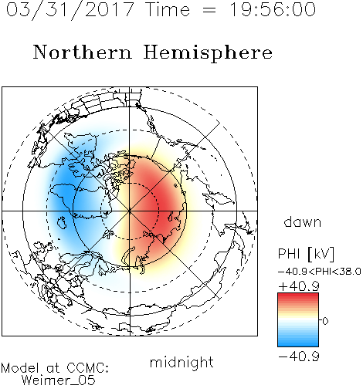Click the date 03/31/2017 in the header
70,10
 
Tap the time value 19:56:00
273,9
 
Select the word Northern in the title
83,52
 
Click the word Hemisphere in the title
208,53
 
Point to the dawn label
303,221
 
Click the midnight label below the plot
181,362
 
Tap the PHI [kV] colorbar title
307,254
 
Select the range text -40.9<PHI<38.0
320,271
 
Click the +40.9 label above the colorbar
299,286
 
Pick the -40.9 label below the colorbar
299,357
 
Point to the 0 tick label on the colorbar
325,321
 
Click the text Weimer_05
59,380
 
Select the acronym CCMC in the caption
86,368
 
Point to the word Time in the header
168,10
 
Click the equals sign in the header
209,10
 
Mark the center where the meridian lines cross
130,211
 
